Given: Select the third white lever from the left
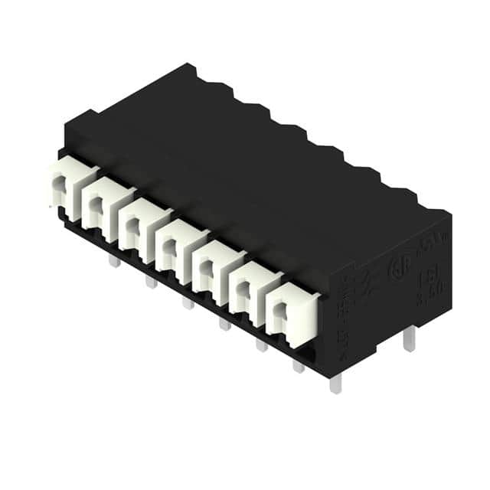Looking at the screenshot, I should (137, 224).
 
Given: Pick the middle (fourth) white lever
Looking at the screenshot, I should (174, 243).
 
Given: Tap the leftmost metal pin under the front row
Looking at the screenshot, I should (114, 262).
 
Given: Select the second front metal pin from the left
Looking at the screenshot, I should (151, 283).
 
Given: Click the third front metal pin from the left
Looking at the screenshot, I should (188, 303).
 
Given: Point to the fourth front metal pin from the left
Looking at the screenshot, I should (224, 324).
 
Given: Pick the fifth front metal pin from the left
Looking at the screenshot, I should (261, 345).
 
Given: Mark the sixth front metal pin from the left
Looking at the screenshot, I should (298, 366).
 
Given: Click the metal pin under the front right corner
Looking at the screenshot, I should (335, 383).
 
